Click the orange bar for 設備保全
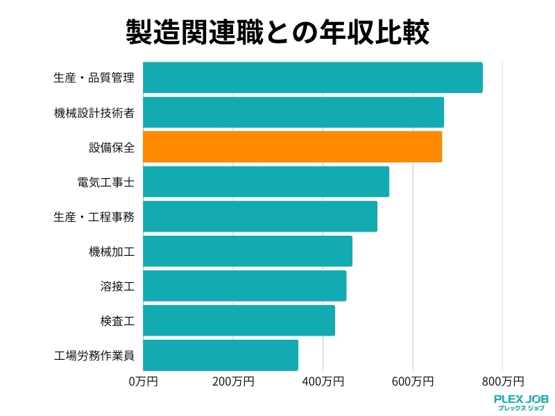pyautogui.click(x=292, y=147)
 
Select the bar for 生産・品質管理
pyautogui.click(x=312, y=78)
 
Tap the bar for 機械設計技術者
pyautogui.click(x=293, y=112)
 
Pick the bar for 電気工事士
pyautogui.click(x=266, y=182)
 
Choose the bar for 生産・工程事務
pyautogui.click(x=260, y=216)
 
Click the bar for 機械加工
pyautogui.click(x=248, y=251)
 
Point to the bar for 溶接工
pyautogui.click(x=244, y=286)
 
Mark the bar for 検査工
pyautogui.click(x=239, y=320)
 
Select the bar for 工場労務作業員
pyautogui.click(x=221, y=355)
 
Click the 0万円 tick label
pyautogui.click(x=144, y=381)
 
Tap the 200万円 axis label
pyautogui.click(x=233, y=381)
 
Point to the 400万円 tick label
pyautogui.click(x=323, y=381)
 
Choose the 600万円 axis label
pyautogui.click(x=413, y=381)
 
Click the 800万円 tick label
pyautogui.click(x=503, y=381)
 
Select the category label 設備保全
pyautogui.click(x=112, y=147)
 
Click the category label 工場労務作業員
pyautogui.click(x=94, y=356)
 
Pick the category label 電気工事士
pyautogui.click(x=105, y=182)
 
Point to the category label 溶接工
pyautogui.click(x=117, y=286)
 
